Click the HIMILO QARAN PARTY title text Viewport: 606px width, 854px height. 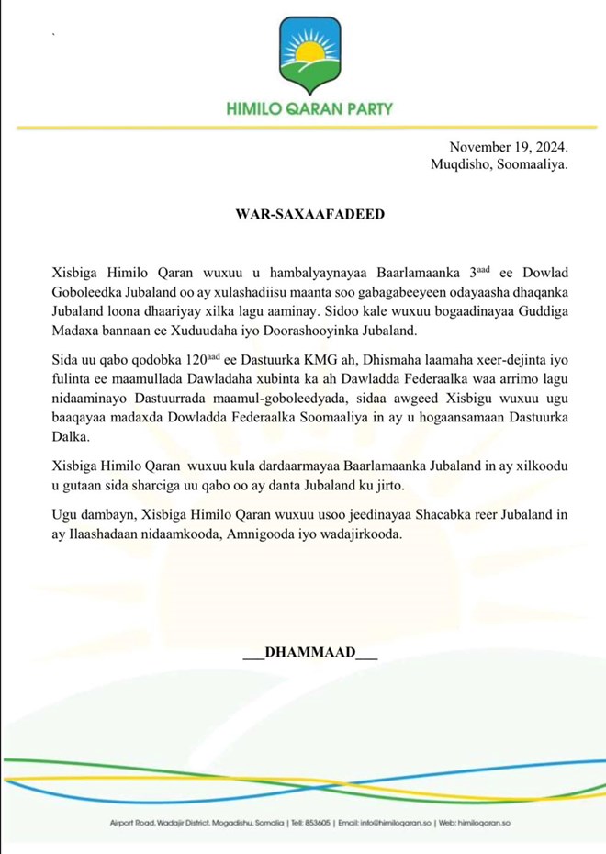pyautogui.click(x=309, y=107)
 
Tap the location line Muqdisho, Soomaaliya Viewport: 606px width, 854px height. pyautogui.click(x=499, y=165)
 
